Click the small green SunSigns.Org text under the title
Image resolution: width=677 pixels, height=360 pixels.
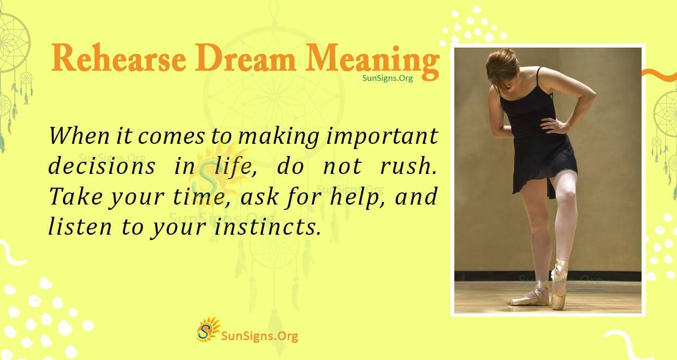[x=387, y=78]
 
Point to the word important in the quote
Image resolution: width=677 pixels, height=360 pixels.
[x=382, y=137]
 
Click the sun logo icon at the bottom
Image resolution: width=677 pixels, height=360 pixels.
[x=208, y=329]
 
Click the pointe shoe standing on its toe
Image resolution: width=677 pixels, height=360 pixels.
[x=559, y=285]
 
